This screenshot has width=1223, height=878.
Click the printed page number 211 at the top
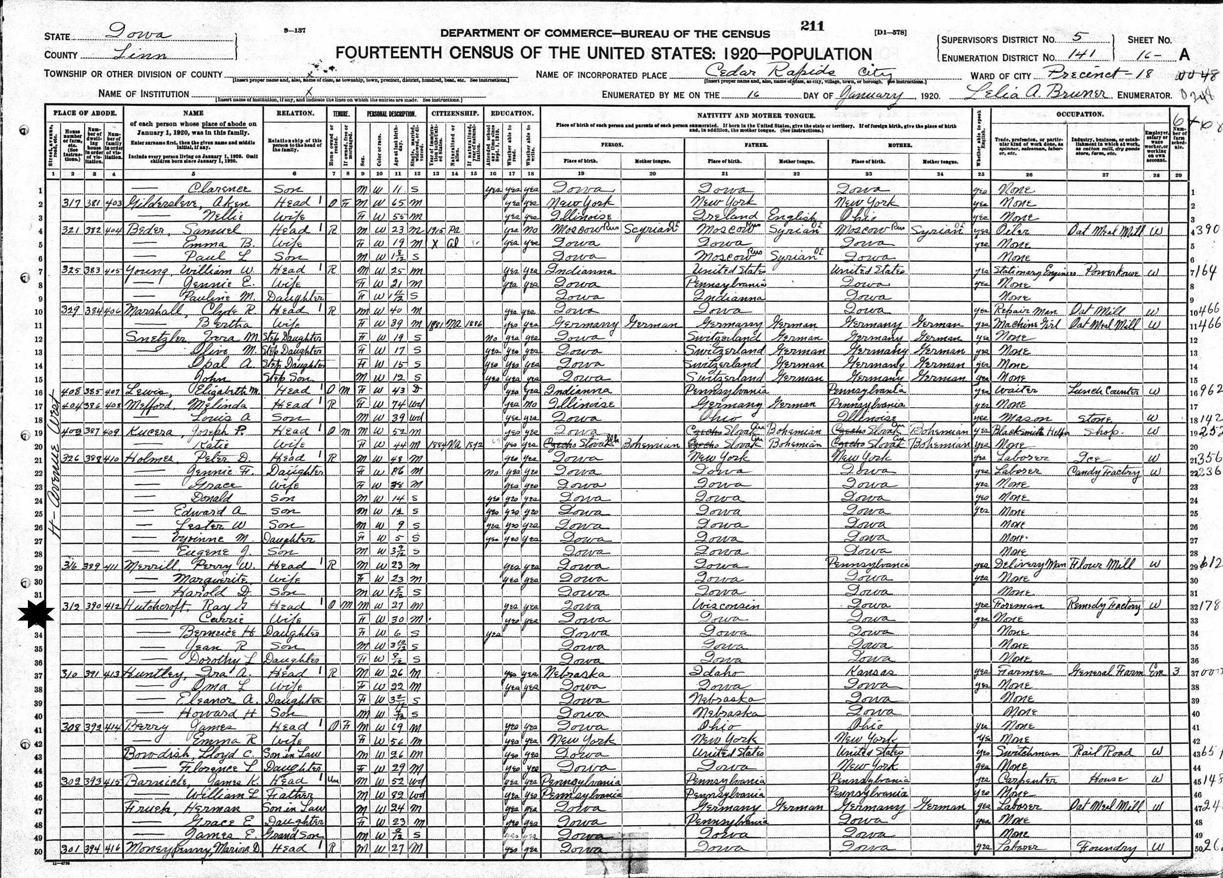click(812, 26)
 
